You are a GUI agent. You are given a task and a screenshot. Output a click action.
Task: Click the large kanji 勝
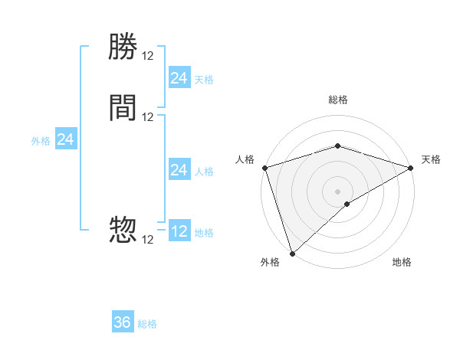coord(123,48)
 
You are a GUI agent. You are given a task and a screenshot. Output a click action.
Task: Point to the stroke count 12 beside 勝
coord(148,56)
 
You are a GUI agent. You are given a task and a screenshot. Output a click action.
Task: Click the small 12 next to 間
coord(148,116)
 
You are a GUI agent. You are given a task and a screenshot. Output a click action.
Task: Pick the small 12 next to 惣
coord(148,240)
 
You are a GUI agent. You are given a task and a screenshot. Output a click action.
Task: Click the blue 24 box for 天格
coord(179,78)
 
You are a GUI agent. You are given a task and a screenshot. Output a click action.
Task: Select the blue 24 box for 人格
coord(179,170)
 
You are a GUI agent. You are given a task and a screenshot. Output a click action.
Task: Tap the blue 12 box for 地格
coord(179,231)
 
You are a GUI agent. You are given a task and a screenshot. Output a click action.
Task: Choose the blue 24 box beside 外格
coord(66,139)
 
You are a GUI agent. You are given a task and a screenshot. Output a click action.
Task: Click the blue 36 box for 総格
coord(123,322)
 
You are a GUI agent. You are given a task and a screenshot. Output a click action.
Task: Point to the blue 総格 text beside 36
coord(147,324)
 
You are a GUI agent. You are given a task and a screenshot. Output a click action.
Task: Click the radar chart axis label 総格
coord(337,100)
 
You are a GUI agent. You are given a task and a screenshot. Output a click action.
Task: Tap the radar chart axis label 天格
coord(431,159)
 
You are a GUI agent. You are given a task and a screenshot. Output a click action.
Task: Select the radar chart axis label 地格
coord(402,263)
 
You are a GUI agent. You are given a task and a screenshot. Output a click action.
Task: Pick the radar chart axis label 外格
coord(270,263)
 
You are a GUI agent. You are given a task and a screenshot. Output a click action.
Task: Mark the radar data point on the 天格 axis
coord(411,167)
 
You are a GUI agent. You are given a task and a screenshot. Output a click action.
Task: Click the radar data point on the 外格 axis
coord(292,253)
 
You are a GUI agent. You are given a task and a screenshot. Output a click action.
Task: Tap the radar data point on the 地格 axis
coord(347,204)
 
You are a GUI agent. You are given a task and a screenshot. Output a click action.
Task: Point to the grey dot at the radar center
coord(337,191)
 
